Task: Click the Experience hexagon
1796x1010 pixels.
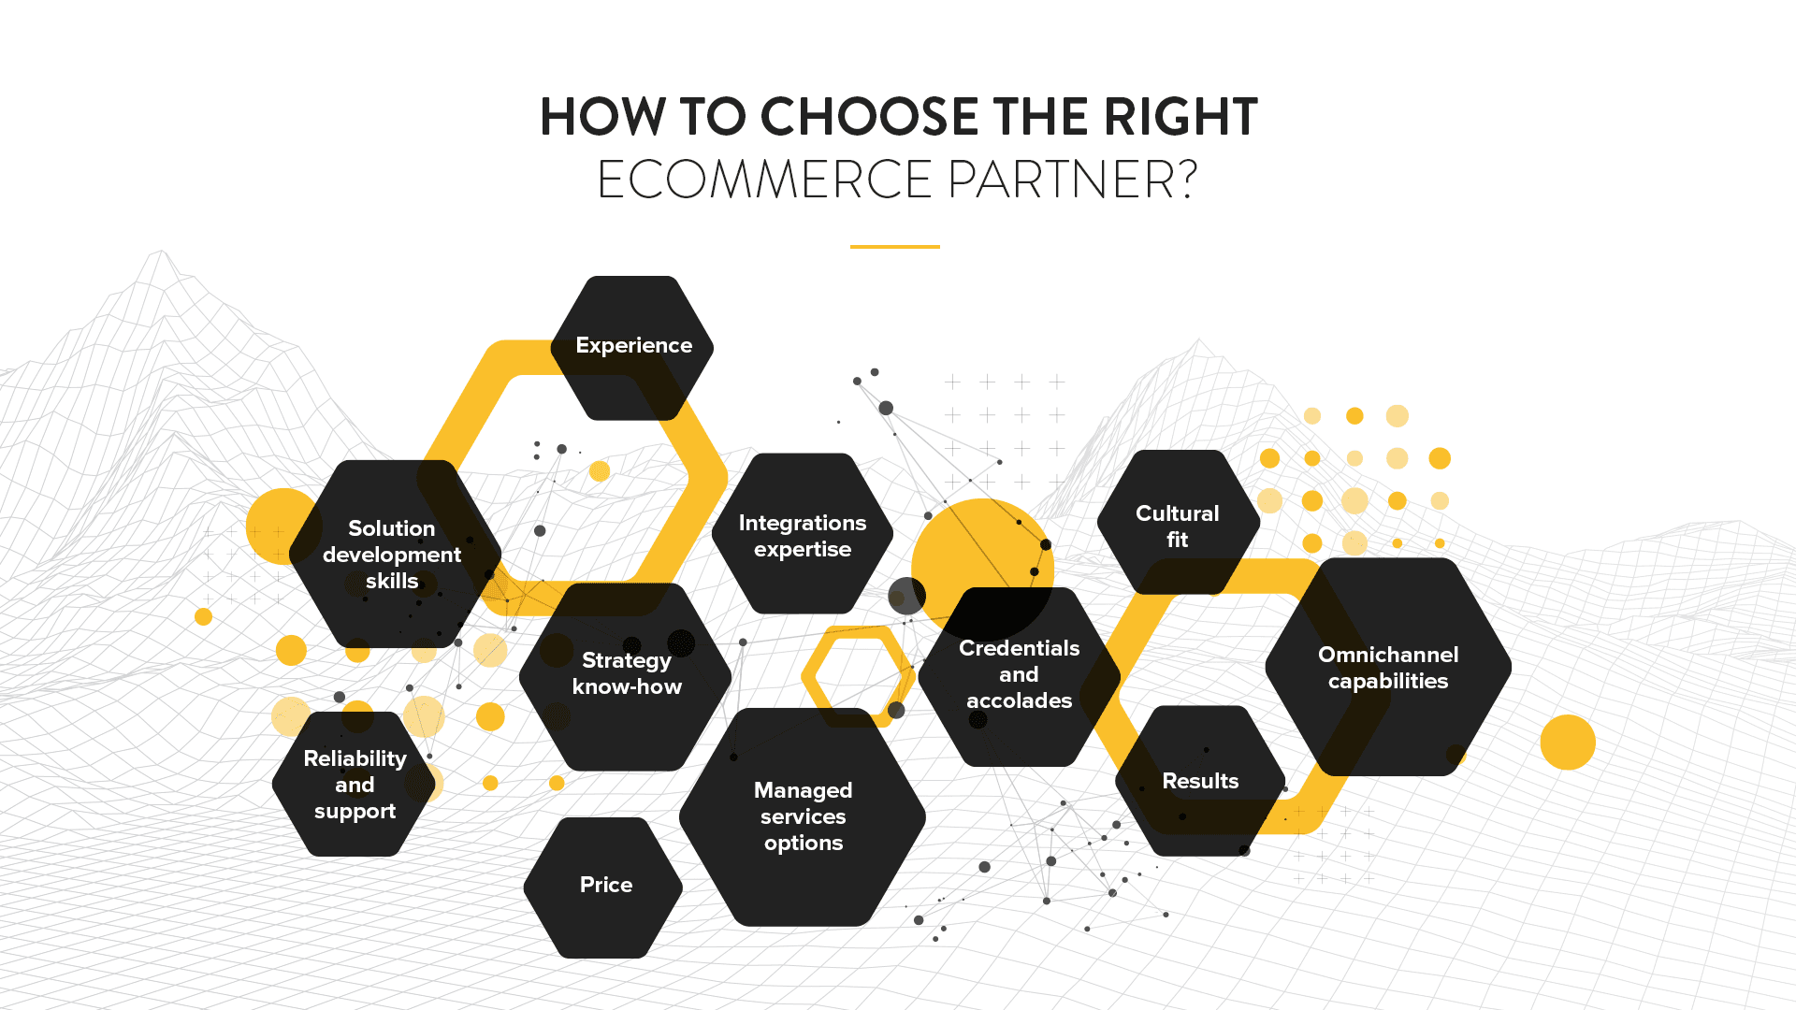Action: coord(632,347)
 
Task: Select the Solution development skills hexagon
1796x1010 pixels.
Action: coord(393,554)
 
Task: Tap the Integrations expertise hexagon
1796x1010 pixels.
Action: coord(803,535)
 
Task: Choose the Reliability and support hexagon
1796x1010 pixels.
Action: coord(355,785)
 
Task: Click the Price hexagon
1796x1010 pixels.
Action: coord(604,887)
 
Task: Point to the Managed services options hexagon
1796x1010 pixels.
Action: coord(803,816)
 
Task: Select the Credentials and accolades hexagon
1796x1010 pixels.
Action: coord(1019,675)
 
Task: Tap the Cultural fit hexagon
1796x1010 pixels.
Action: coord(1178,525)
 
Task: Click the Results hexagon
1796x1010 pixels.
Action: coord(1200,781)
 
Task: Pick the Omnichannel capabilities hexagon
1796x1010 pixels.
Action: coord(1388,668)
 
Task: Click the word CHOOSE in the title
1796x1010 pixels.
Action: coord(869,118)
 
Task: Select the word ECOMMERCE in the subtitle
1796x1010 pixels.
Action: coord(764,180)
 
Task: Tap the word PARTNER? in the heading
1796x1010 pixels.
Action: coord(1072,180)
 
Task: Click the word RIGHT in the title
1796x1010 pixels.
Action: coord(1180,118)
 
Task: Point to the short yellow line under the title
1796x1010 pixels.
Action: coord(894,247)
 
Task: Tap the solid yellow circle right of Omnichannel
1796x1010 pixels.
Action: coord(1568,743)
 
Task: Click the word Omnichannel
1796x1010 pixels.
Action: coord(1388,655)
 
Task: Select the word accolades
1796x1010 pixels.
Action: coord(1019,701)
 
